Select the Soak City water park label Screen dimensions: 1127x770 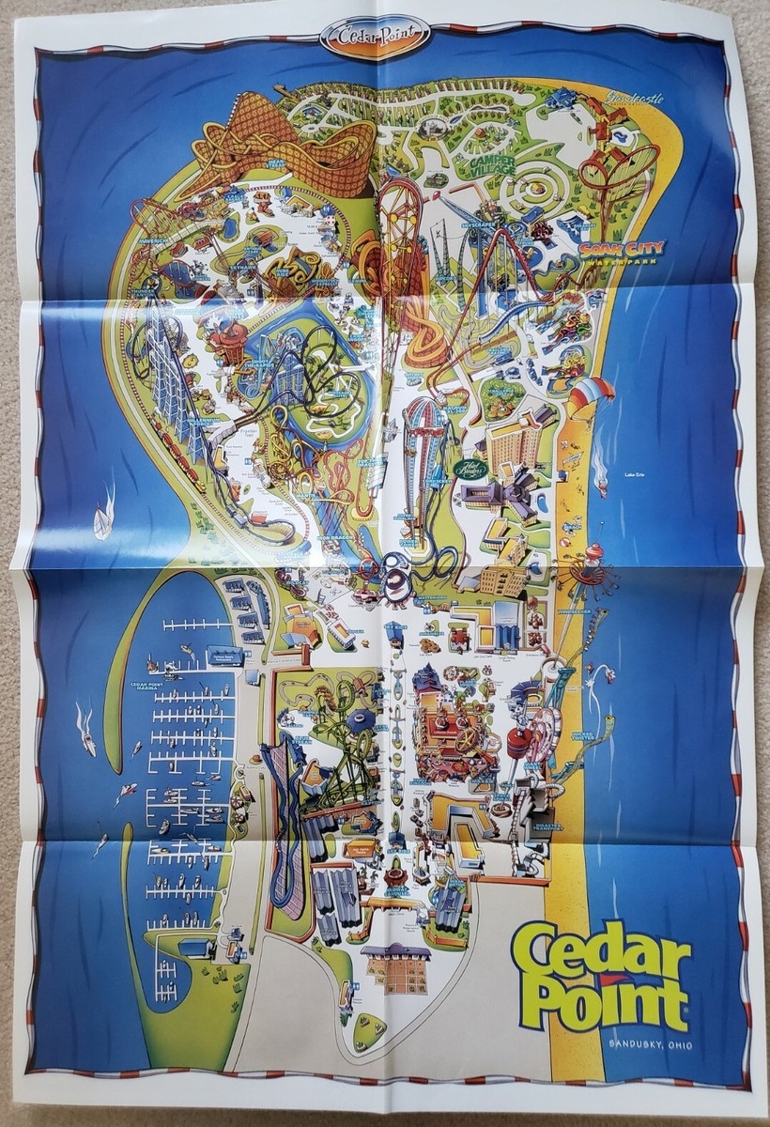coord(622,252)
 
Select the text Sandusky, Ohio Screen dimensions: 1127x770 coord(650,1043)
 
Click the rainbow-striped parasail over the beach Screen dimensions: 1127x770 coord(590,393)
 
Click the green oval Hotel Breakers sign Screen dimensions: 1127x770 coord(469,467)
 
